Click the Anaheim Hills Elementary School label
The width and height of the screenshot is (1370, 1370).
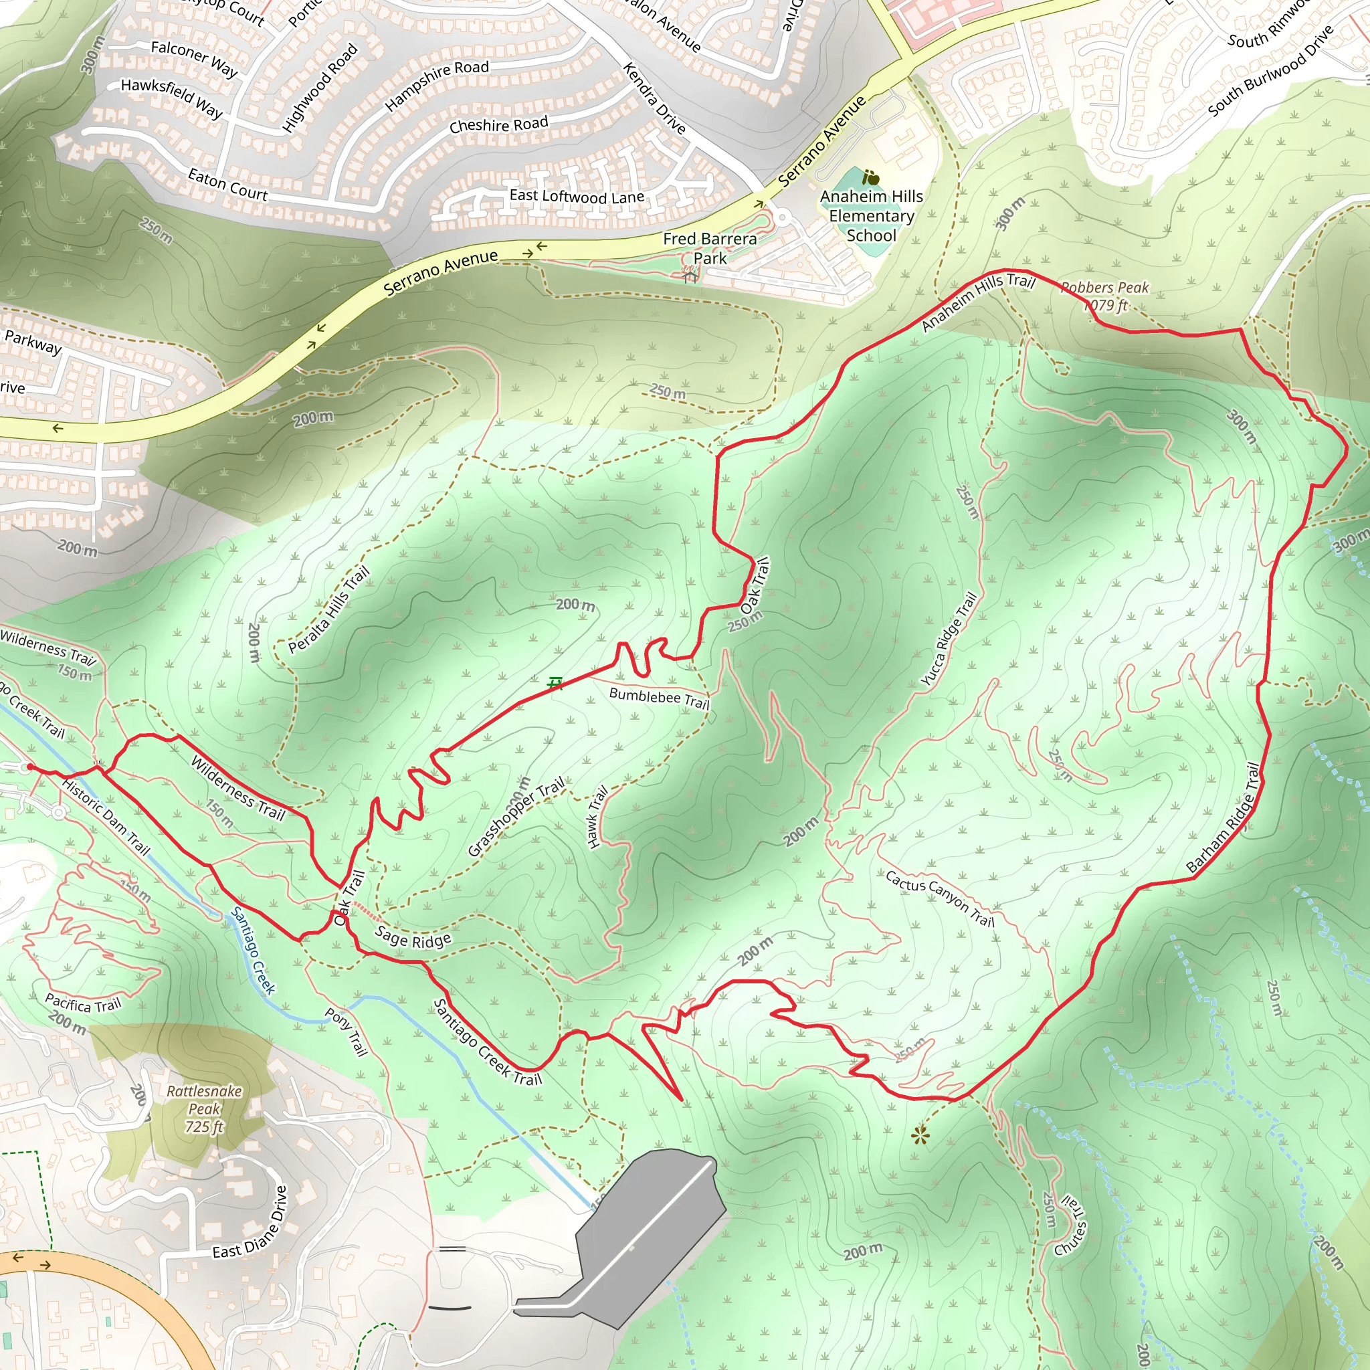(872, 215)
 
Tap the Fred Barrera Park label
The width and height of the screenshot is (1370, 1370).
(710, 248)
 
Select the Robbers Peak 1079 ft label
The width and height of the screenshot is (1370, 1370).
(1104, 296)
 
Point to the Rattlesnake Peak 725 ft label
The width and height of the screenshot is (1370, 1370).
(204, 1108)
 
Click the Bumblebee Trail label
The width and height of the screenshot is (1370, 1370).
(659, 698)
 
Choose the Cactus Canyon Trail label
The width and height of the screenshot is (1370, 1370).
(940, 898)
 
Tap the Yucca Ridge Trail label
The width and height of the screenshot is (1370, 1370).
(948, 639)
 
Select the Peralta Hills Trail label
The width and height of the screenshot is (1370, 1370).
(328, 609)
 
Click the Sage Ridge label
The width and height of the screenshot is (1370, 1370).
(413, 937)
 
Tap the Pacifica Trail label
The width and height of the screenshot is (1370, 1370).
(83, 1003)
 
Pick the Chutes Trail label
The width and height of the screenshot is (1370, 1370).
(1070, 1225)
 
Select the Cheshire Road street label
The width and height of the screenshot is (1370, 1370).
(498, 125)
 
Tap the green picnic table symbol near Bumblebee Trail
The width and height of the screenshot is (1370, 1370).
(555, 683)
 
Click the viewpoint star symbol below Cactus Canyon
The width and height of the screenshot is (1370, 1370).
(920, 1137)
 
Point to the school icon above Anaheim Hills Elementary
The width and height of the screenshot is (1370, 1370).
(871, 177)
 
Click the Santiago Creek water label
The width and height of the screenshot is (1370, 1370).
(252, 950)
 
